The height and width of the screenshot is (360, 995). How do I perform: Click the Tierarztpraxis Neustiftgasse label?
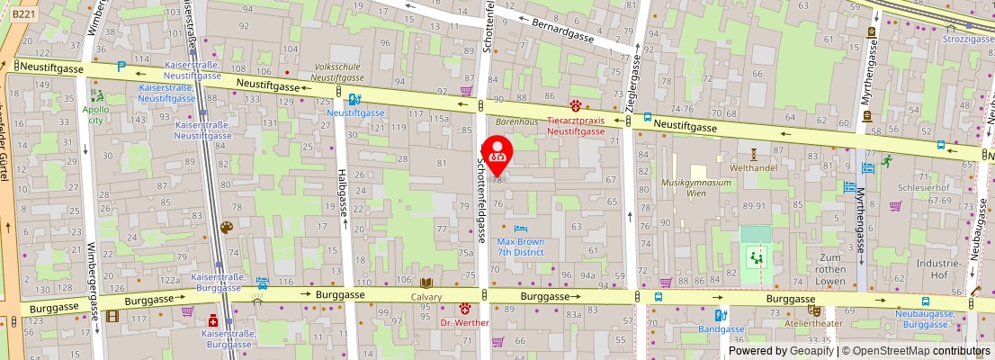[x=577, y=125]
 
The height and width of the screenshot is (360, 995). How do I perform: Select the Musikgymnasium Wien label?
[x=696, y=187]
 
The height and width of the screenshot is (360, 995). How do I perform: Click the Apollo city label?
[x=95, y=114]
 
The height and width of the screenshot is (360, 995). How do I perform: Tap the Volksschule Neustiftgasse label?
[x=336, y=72]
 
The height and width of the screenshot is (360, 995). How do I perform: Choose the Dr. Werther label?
[x=464, y=322]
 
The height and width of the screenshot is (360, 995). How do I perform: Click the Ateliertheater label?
[x=814, y=323]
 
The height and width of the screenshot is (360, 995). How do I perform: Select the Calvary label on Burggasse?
[x=426, y=296]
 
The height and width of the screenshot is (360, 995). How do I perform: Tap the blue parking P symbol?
[x=121, y=67]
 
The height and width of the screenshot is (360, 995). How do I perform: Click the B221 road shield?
[x=24, y=14]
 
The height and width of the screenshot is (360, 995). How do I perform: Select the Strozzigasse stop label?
[x=968, y=40]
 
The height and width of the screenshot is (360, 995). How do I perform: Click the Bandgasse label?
[x=721, y=329]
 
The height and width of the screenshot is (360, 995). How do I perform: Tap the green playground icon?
[x=757, y=258]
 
